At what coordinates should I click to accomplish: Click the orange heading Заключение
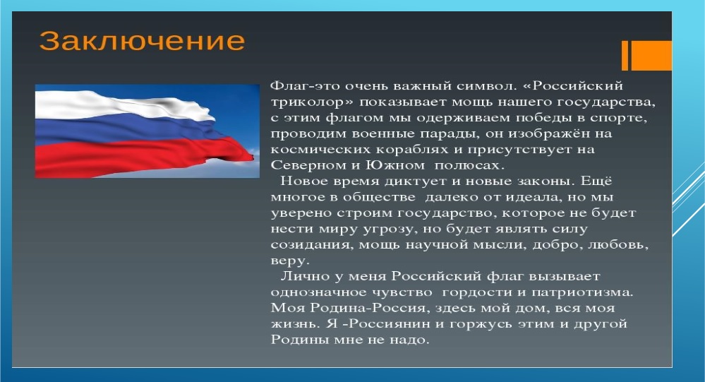point(142,41)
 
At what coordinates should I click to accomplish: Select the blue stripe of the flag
point(131,131)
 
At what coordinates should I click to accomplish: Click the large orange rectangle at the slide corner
point(651,55)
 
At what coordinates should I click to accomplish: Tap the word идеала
point(534,197)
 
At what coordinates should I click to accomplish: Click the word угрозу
point(385,229)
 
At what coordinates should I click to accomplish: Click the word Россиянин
point(390,324)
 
